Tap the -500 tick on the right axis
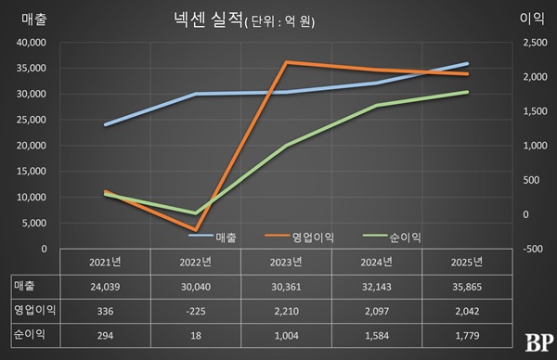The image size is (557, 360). pyautogui.click(x=537, y=249)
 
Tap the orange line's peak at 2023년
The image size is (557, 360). pyautogui.click(x=286, y=62)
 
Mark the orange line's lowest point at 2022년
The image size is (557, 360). pyautogui.click(x=195, y=229)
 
